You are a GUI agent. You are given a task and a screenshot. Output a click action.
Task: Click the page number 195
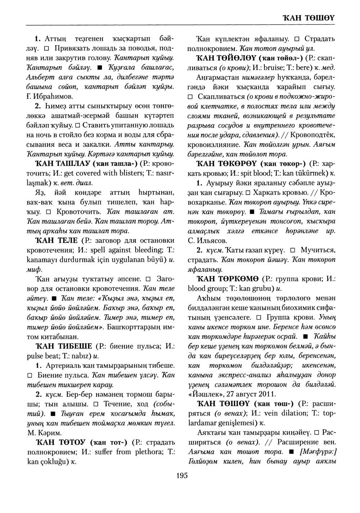tap(182, 476)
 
